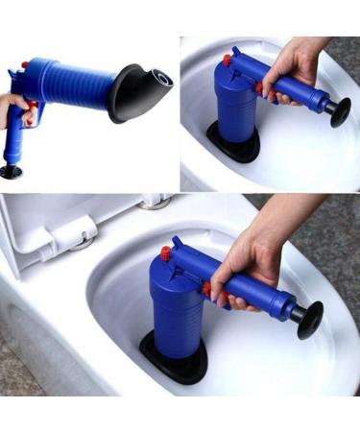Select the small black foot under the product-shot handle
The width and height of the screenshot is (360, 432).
coord(12,172)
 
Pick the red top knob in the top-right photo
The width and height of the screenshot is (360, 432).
coord(228,60)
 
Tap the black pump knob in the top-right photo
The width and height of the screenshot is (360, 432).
coord(338,108)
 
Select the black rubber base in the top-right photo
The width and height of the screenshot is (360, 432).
coord(230,149)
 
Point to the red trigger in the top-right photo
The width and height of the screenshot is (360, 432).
coord(259,88)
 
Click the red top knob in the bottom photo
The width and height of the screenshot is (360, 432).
coord(165,253)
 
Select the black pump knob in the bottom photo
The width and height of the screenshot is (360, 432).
coord(309,320)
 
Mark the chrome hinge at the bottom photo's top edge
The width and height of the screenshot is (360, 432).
coord(152,203)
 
